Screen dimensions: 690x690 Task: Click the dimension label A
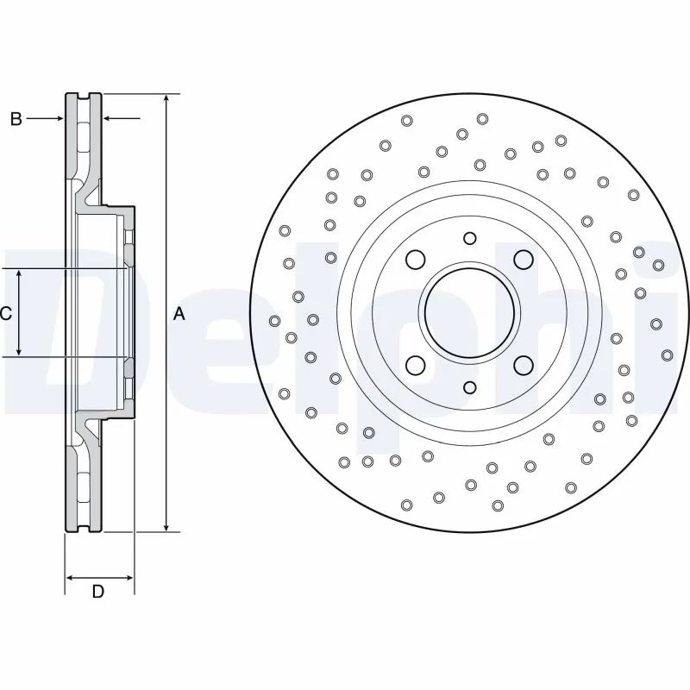[179, 314]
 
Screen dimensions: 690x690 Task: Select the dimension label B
[16, 119]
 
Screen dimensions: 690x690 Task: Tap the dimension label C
[6, 314]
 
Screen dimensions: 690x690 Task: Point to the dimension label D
[98, 592]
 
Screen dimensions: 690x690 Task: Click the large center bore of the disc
[469, 312]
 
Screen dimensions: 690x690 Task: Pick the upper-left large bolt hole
[416, 259]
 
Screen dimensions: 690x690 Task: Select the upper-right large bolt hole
[523, 259]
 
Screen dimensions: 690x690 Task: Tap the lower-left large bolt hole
[416, 365]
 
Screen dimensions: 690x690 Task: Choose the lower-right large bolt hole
[523, 365]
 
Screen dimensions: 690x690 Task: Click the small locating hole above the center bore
[469, 238]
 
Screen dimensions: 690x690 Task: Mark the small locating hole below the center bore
[469, 387]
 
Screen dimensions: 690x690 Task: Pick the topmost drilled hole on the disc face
[482, 118]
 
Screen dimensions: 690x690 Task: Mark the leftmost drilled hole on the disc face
[275, 321]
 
